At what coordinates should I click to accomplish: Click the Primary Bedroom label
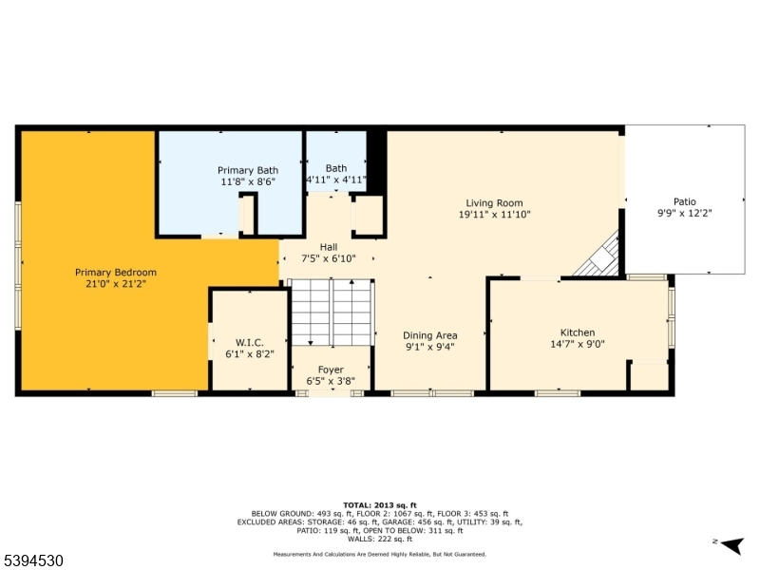click(116, 272)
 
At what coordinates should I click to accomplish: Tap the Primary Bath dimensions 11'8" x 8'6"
click(247, 181)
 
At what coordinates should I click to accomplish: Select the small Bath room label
click(336, 168)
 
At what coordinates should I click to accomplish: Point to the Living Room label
click(494, 202)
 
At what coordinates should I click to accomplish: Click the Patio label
click(685, 201)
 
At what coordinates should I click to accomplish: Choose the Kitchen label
click(578, 332)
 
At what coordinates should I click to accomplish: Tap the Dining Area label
click(430, 335)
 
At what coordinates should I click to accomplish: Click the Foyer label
click(331, 370)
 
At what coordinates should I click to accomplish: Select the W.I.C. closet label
click(249, 342)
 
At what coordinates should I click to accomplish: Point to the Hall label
click(329, 247)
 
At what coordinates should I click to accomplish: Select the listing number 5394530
click(32, 561)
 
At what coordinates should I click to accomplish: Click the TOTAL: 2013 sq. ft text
click(380, 505)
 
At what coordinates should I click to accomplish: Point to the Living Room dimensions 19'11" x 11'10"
click(494, 215)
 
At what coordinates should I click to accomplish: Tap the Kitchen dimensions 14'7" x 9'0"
click(578, 345)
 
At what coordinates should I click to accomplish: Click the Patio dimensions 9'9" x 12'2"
click(685, 214)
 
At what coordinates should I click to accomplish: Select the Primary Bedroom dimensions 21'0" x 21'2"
click(116, 283)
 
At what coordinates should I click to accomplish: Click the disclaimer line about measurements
click(380, 554)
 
